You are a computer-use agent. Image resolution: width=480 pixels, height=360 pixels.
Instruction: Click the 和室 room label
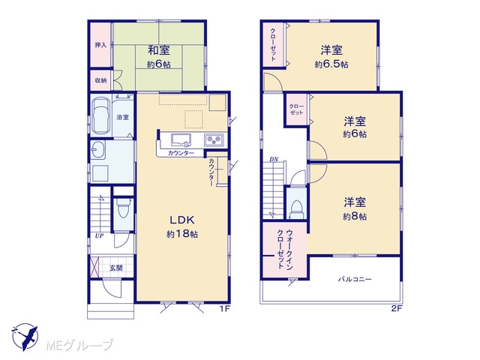(158, 50)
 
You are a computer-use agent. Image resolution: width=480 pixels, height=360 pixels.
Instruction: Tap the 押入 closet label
(100, 45)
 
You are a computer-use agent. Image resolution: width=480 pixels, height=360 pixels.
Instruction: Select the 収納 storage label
(100, 80)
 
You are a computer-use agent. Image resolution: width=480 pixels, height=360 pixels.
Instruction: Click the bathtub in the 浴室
(100, 115)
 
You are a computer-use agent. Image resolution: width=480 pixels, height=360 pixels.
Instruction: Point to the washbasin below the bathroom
(98, 150)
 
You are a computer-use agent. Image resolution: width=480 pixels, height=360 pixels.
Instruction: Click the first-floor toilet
(124, 208)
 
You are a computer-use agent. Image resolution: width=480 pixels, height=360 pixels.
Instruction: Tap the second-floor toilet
(296, 208)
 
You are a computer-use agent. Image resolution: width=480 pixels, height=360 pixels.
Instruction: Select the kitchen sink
(181, 140)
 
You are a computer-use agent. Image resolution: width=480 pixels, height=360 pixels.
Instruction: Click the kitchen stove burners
(214, 140)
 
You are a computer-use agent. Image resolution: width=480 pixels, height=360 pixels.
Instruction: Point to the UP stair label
(99, 235)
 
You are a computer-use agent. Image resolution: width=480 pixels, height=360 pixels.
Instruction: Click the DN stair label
(274, 159)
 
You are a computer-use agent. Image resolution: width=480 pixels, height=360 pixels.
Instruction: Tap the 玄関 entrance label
(116, 268)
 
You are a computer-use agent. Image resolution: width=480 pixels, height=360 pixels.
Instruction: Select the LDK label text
(182, 220)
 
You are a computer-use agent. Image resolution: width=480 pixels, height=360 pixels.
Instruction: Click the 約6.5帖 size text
(331, 64)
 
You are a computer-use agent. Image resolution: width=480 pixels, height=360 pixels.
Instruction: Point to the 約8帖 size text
(355, 217)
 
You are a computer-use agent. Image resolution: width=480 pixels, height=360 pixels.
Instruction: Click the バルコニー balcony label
(355, 279)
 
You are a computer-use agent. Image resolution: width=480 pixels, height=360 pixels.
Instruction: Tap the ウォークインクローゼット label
(285, 250)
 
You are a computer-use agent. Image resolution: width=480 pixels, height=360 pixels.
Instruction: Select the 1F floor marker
(224, 308)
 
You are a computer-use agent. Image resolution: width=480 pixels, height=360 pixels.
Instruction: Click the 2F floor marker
(396, 308)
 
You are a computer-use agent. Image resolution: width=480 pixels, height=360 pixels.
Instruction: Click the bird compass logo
(25, 337)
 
